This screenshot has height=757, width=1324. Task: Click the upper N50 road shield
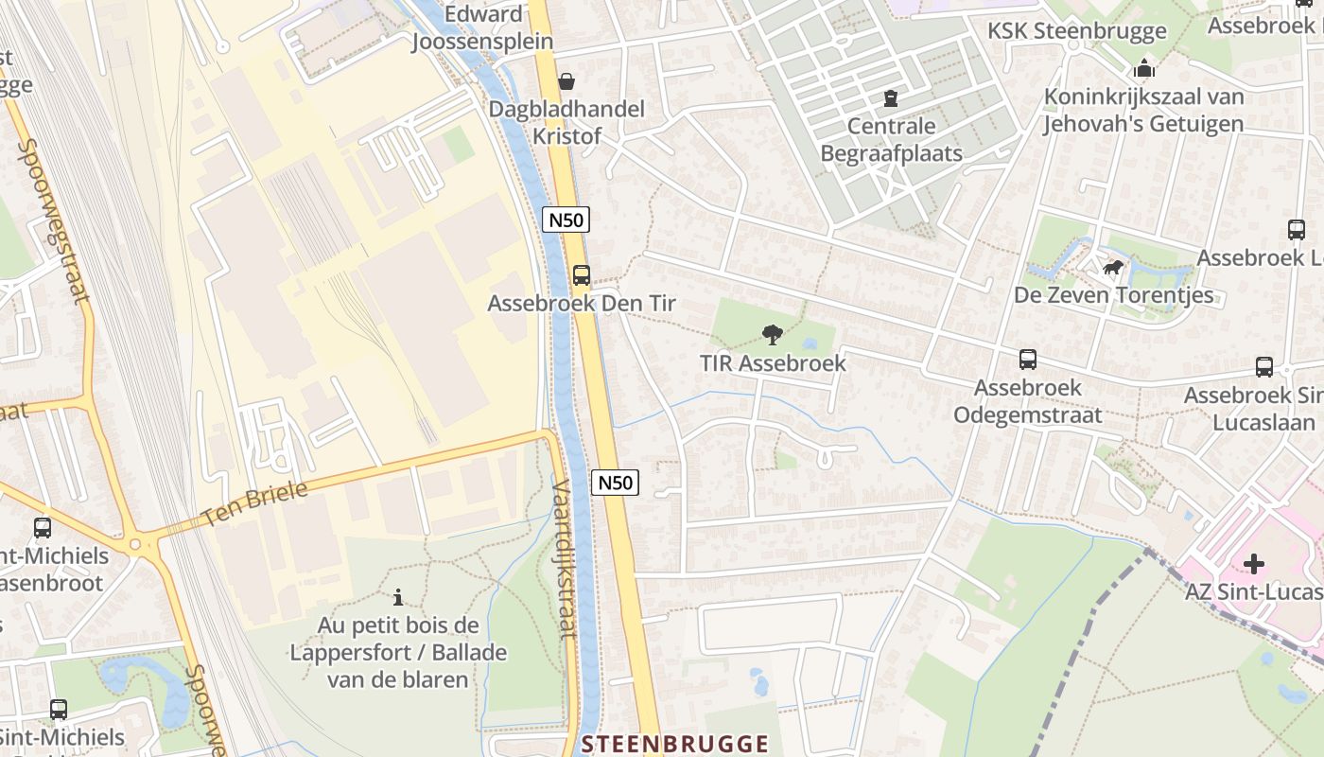tap(566, 220)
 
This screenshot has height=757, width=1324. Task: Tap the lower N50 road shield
tap(616, 483)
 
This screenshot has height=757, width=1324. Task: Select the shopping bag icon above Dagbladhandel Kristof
tap(566, 82)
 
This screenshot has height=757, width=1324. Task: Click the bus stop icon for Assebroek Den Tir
tap(582, 275)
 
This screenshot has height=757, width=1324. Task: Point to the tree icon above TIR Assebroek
tap(773, 334)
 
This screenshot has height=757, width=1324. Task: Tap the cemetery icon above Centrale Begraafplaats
tap(890, 97)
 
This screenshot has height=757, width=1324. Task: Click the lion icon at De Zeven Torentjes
tap(1113, 268)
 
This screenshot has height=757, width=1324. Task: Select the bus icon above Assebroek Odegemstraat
tap(1028, 360)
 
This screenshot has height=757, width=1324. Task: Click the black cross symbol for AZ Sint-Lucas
tap(1254, 564)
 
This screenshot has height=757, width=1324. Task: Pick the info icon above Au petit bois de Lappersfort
tap(398, 597)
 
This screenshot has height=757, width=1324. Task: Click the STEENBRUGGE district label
tap(675, 744)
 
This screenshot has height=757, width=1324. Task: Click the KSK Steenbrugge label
tap(1077, 31)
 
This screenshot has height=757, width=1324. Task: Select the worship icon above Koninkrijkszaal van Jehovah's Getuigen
tap(1144, 68)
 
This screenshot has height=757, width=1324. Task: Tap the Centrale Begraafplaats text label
tap(891, 139)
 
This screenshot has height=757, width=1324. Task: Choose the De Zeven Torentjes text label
tap(1113, 295)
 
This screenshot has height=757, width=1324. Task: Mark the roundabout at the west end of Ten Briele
tap(135, 544)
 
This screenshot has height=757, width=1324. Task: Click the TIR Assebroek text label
tap(773, 362)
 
